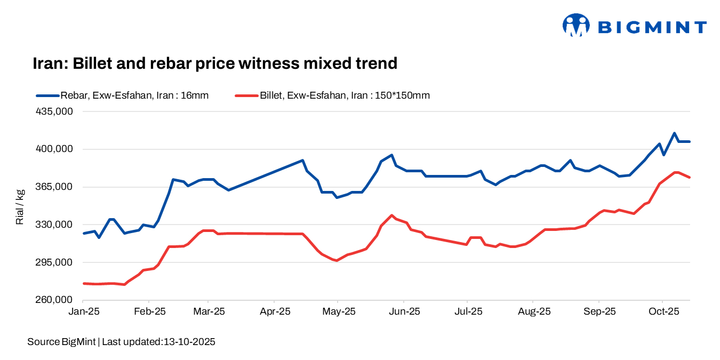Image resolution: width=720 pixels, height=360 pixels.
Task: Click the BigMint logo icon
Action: [575, 26]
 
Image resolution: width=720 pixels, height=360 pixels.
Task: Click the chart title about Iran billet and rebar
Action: [215, 63]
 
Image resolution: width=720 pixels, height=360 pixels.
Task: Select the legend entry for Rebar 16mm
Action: [122, 95]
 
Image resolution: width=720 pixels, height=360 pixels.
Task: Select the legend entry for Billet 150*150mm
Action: [332, 95]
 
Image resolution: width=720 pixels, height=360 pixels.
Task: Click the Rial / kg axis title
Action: [20, 206]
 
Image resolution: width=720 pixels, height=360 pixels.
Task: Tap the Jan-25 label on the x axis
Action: [84, 311]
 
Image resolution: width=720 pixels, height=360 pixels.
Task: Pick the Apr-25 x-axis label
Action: [274, 311]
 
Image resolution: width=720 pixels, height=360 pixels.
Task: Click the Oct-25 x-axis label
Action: [661, 311]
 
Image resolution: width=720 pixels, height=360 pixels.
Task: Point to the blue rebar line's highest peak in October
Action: [675, 133]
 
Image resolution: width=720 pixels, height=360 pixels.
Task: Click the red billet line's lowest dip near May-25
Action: [337, 260]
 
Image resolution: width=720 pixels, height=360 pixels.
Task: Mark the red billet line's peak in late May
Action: [392, 215]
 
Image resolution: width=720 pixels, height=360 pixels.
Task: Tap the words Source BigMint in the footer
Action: [61, 342]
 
